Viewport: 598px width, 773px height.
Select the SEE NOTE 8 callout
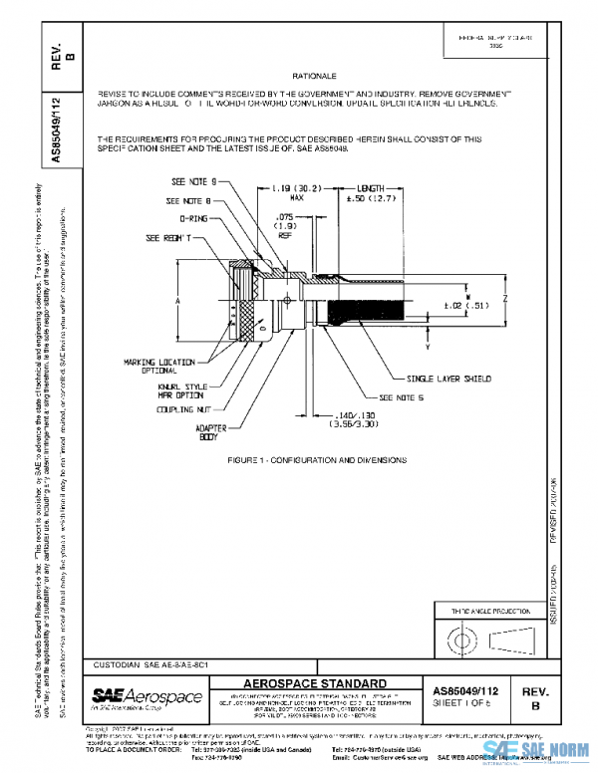(x=189, y=200)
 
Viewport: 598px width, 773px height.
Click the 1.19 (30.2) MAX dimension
(x=295, y=192)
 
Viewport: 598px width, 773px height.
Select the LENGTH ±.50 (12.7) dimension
(x=370, y=192)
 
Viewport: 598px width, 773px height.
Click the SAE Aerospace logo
(x=147, y=695)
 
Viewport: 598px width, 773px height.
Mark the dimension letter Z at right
(x=506, y=298)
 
